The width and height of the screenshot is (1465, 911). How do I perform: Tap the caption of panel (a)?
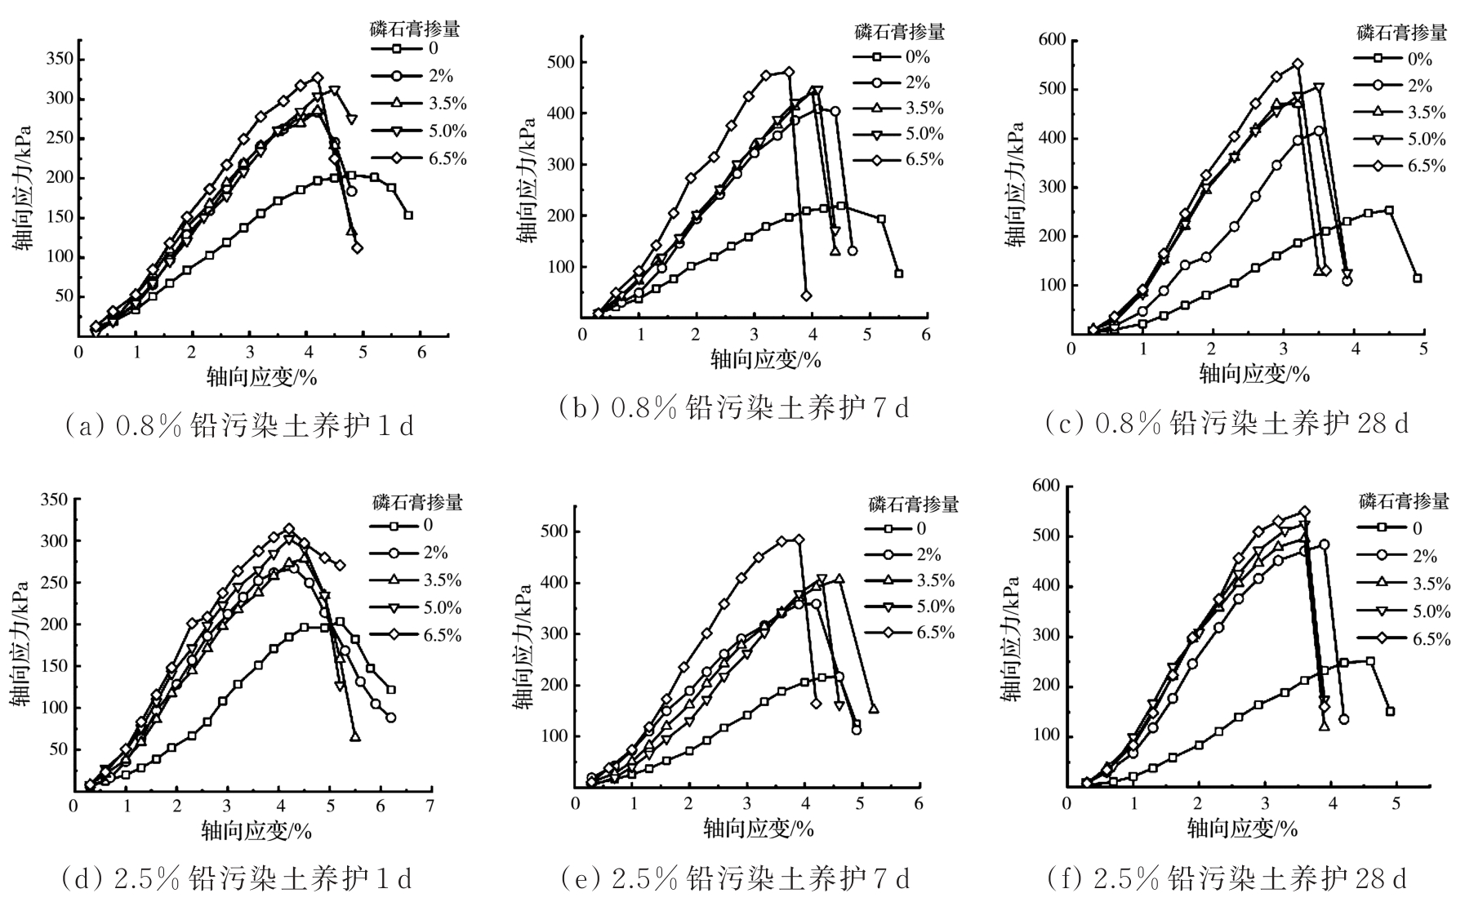pos(238,424)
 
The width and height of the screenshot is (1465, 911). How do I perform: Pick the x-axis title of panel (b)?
pos(764,359)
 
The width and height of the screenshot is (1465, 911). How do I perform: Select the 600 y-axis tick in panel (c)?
pos(1051,39)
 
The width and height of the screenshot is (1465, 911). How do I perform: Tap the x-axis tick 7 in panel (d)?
pos(430,806)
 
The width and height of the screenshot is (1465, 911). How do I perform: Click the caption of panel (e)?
pos(735,879)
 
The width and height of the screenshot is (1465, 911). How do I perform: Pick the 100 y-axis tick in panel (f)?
pos(1046,736)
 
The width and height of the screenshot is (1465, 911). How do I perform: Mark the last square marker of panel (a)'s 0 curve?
pos(408,216)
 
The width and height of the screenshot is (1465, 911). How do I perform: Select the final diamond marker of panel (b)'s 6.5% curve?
pos(807,296)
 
